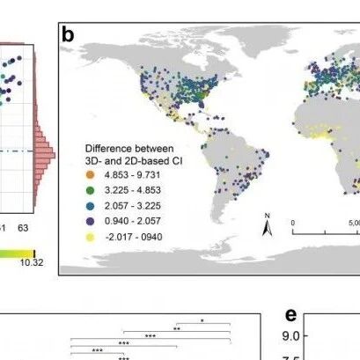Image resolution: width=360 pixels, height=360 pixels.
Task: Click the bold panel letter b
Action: click(68, 35)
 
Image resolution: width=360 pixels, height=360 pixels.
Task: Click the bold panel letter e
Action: click(290, 315)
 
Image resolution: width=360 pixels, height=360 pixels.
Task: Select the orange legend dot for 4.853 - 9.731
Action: click(91, 175)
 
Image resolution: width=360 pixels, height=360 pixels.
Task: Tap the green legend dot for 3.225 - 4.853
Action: click(91, 190)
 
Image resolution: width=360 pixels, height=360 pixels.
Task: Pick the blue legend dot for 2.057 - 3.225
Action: click(91, 206)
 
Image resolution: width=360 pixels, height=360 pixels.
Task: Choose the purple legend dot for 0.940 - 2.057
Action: click(91, 221)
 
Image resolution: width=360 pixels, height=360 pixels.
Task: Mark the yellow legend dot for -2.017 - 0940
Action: click(91, 237)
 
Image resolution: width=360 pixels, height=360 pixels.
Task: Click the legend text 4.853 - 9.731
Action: click(132, 175)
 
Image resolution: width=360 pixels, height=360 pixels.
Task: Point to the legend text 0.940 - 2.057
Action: click(133, 221)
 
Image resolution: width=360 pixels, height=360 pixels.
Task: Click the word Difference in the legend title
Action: click(107, 149)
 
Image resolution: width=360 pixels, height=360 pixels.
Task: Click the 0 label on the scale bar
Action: click(293, 223)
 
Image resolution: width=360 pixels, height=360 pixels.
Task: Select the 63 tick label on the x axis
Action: click(23, 228)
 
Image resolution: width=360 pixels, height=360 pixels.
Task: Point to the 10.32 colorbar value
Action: click(32, 262)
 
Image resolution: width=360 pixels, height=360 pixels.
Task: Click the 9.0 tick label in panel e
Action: click(291, 336)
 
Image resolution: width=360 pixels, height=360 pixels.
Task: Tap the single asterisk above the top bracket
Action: click(202, 321)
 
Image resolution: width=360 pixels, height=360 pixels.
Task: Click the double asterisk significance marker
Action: click(177, 329)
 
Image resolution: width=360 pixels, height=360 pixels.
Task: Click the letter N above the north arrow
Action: click(267, 216)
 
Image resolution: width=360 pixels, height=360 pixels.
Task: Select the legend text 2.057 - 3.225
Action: click(133, 206)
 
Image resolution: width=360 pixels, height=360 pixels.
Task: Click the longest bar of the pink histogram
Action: click(45, 156)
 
